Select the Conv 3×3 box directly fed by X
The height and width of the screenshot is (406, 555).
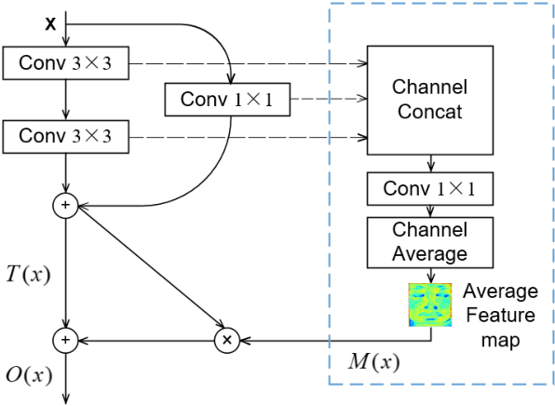click(x=65, y=64)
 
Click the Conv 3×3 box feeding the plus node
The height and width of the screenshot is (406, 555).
click(x=65, y=137)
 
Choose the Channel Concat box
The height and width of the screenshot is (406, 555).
click(x=428, y=100)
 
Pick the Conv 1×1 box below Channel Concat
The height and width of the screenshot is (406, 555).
click(x=428, y=190)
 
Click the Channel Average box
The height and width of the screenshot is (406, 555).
click(x=428, y=240)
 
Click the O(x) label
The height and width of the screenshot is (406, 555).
click(x=28, y=374)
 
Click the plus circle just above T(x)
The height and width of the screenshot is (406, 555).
click(x=65, y=204)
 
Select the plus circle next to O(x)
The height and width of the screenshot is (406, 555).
click(x=65, y=341)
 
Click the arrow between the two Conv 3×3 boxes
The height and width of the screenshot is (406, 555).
click(x=65, y=101)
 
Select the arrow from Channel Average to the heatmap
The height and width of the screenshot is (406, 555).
click(x=428, y=274)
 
